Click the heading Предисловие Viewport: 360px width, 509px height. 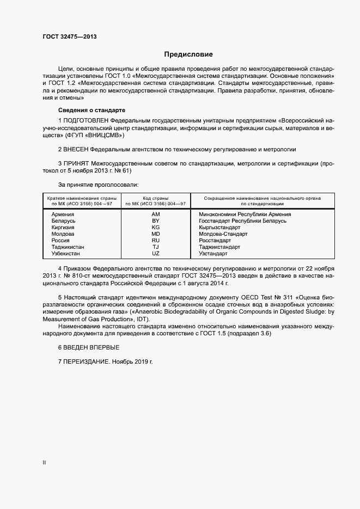click(x=188, y=54)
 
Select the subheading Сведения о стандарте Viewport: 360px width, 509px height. click(x=84, y=110)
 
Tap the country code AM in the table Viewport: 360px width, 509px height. click(x=156, y=214)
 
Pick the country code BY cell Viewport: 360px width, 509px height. click(x=156, y=220)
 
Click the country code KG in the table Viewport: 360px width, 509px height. click(x=156, y=227)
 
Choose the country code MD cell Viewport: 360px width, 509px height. click(x=156, y=234)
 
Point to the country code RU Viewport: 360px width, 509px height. click(x=156, y=240)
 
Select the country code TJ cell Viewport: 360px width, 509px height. click(x=156, y=247)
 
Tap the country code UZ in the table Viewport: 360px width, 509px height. click(x=156, y=253)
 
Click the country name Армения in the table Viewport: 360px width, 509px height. click(x=63, y=214)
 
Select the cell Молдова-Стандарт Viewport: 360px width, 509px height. click(x=223, y=234)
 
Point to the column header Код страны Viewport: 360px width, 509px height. click(x=156, y=198)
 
